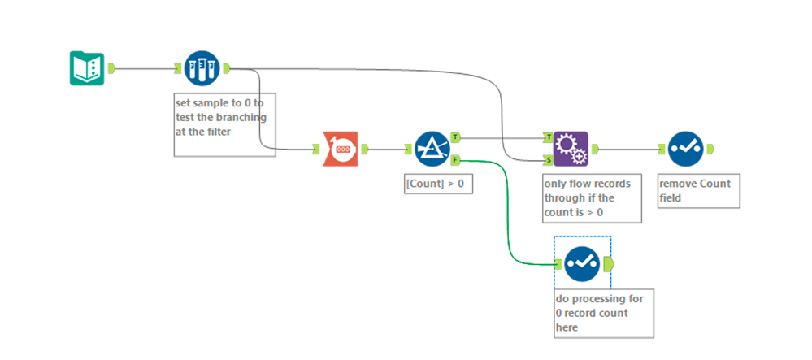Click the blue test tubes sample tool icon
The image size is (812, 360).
point(201,68)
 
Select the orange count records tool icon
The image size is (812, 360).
point(341,149)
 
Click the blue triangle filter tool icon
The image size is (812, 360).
point(432,149)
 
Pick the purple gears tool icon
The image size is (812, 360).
point(571,149)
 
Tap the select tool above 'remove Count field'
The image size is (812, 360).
point(686,149)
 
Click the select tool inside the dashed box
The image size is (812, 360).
point(582,263)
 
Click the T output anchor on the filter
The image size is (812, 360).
point(455,137)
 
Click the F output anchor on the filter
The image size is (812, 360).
point(455,159)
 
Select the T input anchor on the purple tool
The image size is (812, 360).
point(549,137)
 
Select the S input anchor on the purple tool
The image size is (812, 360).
point(549,159)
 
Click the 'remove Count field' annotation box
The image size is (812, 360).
point(698,190)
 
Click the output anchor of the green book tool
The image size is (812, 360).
point(111,68)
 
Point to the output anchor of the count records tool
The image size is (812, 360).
point(365,149)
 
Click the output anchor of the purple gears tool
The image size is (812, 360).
point(595,149)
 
